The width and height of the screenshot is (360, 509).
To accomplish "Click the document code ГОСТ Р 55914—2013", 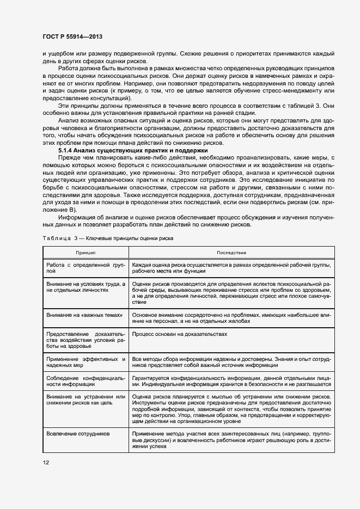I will tap(72, 37).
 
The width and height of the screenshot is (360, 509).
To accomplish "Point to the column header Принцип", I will tap(86, 253).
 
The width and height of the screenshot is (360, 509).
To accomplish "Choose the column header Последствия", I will tap(231, 253).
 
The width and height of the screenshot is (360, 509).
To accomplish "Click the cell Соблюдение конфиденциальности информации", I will tap(86, 381).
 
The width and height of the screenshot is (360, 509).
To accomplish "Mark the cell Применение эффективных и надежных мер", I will tap(86, 363).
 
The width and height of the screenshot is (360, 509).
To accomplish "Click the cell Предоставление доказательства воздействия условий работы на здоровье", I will tap(86, 340).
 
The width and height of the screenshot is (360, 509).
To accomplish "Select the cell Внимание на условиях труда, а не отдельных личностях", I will tap(86, 287).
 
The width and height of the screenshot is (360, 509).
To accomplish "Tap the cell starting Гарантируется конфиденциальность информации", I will tap(231, 381).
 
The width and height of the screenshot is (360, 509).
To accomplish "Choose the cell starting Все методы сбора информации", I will tap(231, 363).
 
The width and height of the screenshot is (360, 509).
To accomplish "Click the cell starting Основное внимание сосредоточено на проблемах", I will tap(231, 318).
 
